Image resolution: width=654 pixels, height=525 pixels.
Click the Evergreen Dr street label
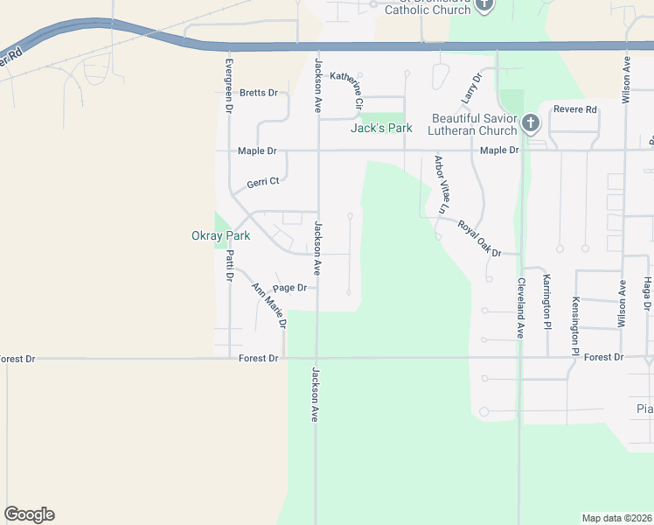229,86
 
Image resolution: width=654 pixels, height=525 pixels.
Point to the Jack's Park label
381,129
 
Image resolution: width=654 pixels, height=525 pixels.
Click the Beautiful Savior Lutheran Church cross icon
530,122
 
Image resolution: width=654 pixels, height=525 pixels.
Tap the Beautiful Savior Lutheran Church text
473,124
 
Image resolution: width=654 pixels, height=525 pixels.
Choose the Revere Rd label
574,109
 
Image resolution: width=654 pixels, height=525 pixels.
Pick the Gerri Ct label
262,182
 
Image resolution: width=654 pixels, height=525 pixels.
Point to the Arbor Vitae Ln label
440,185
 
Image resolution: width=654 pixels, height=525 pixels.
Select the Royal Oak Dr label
479,238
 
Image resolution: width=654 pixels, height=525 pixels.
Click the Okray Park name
220,235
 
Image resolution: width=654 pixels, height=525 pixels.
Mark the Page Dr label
289,288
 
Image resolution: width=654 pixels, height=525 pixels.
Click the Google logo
29,514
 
